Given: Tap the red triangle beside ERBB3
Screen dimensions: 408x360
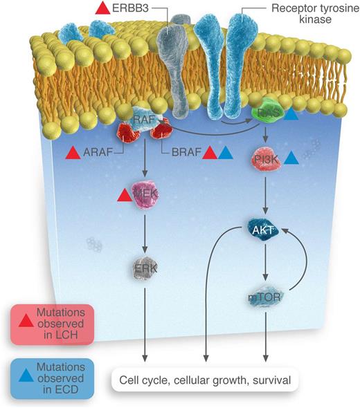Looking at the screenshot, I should click(x=102, y=9).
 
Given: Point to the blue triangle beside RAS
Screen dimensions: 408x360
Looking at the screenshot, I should click(x=293, y=116).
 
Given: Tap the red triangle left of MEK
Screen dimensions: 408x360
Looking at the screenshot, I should click(x=124, y=197).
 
